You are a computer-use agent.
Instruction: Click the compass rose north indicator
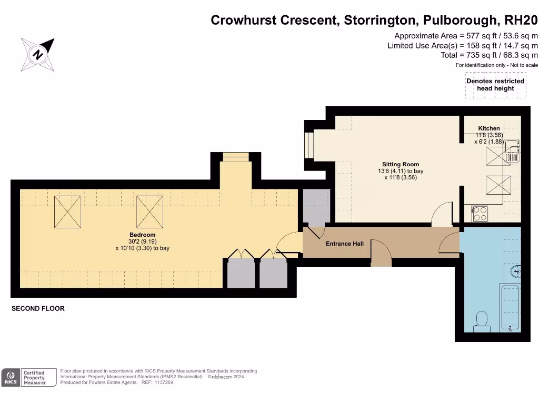(38, 54)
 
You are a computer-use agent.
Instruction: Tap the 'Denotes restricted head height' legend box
(495, 85)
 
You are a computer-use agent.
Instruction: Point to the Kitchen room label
(489, 128)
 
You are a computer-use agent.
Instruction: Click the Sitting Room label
(401, 165)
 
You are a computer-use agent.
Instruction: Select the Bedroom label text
(143, 235)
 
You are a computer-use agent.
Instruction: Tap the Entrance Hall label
(344, 244)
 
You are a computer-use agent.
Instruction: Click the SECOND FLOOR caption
(38, 309)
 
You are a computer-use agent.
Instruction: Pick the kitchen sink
(512, 150)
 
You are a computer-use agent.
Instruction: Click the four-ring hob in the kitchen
(480, 213)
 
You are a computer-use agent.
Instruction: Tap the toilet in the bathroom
(482, 321)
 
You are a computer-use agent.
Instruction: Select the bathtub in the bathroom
(510, 308)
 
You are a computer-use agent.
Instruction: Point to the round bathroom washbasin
(516, 271)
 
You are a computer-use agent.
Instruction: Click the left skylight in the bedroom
(67, 211)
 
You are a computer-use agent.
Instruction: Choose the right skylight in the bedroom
(150, 211)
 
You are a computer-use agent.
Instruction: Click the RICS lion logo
(10, 377)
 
